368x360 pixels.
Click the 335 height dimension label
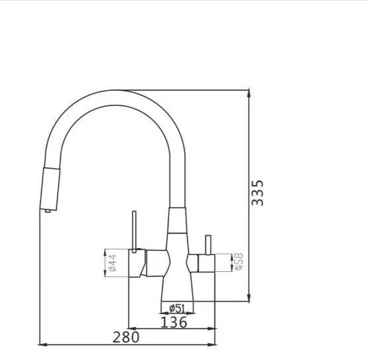pyautogui.click(x=257, y=193)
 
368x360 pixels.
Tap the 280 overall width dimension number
pyautogui.click(x=126, y=337)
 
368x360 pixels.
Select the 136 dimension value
pyautogui.click(x=174, y=322)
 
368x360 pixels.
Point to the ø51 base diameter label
pyautogui.click(x=177, y=308)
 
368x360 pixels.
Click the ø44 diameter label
pyautogui.click(x=113, y=263)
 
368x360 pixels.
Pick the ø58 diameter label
pyautogui.click(x=239, y=262)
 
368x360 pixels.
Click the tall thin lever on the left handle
pyautogui.click(x=134, y=232)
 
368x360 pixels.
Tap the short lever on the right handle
pyautogui.click(x=208, y=245)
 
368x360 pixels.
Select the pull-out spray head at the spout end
pyautogui.click(x=50, y=189)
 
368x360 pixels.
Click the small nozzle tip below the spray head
pyautogui.click(x=48, y=211)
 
